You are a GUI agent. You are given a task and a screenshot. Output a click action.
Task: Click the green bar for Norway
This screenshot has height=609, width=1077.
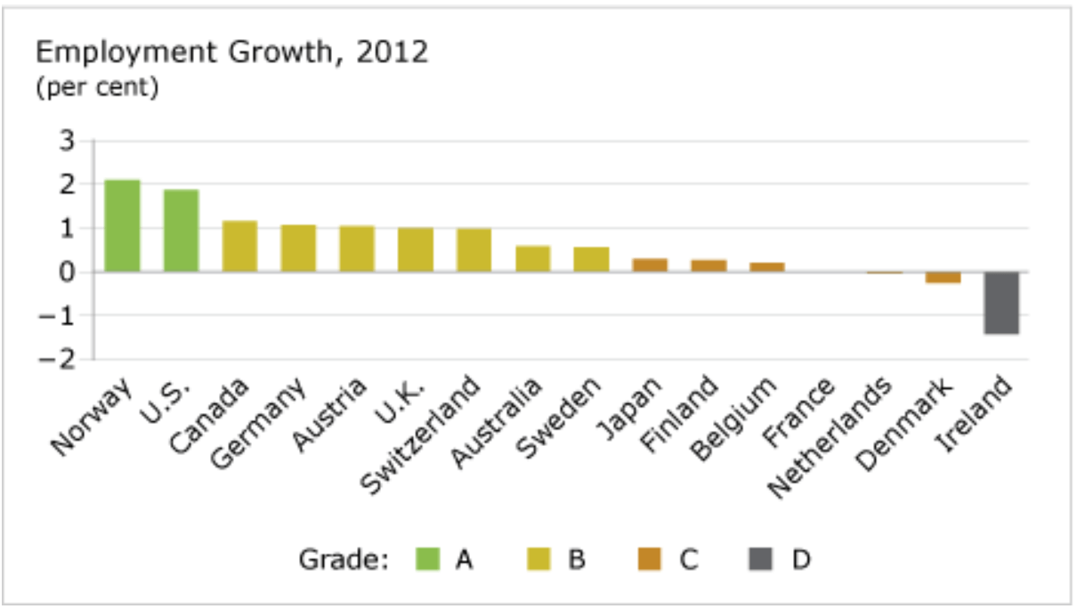click(x=122, y=226)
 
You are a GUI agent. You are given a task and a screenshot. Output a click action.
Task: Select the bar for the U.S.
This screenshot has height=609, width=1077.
click(x=181, y=231)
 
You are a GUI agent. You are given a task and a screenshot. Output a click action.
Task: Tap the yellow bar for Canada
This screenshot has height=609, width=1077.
click(x=239, y=247)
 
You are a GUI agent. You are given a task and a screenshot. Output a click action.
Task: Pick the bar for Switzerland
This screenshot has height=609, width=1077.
click(x=474, y=250)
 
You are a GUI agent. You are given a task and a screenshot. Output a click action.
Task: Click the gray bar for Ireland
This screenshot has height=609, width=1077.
click(x=1001, y=303)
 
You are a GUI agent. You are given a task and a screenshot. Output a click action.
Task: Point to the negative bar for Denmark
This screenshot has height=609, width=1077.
click(x=943, y=277)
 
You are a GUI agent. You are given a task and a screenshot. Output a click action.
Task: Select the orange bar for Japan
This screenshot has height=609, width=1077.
click(x=650, y=265)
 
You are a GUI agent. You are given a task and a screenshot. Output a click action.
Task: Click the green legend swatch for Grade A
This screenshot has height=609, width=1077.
click(x=429, y=559)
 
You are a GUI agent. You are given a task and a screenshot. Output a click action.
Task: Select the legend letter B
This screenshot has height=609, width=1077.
click(x=576, y=559)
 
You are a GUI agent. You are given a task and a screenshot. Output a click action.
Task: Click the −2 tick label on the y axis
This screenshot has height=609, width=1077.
click(x=63, y=359)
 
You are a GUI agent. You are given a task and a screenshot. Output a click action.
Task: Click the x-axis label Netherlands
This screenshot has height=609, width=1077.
click(x=831, y=436)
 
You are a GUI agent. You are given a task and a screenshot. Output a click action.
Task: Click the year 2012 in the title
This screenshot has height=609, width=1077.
click(x=392, y=53)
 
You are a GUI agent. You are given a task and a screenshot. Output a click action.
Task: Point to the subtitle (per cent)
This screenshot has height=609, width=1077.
click(x=96, y=89)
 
